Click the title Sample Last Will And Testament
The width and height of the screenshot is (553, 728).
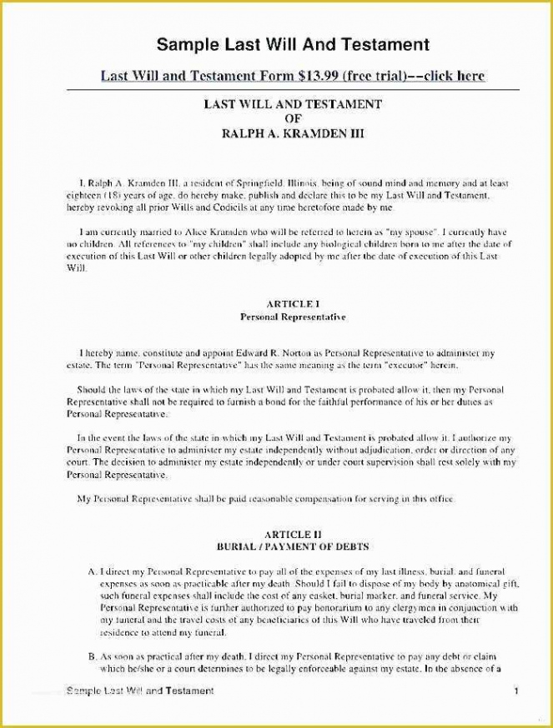pyautogui.click(x=293, y=43)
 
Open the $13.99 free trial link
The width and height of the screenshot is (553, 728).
pyautogui.click(x=293, y=76)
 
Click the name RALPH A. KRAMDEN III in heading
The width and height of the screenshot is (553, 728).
pyautogui.click(x=293, y=132)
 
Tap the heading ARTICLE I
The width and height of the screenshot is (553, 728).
pyautogui.click(x=293, y=304)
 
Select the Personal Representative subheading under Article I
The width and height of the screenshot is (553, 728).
pyautogui.click(x=293, y=317)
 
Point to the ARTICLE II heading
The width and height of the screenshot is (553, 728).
pyautogui.click(x=293, y=533)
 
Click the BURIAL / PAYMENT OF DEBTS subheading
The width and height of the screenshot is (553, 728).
pyautogui.click(x=293, y=546)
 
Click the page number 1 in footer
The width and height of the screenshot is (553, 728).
pyautogui.click(x=516, y=691)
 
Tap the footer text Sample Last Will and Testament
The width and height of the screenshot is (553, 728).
pyautogui.click(x=139, y=691)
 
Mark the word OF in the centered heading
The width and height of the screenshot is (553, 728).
pyautogui.click(x=293, y=118)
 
